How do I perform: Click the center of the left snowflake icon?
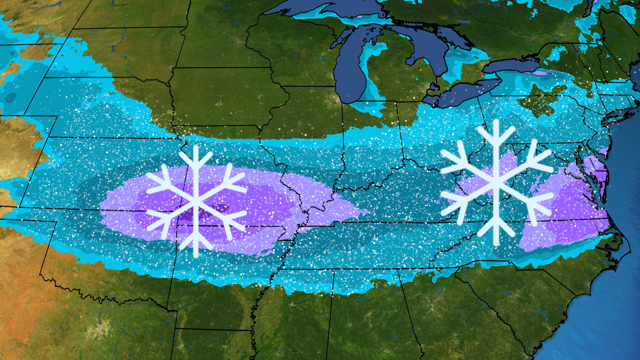coord(196,202)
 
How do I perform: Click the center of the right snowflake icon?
coord(496,183)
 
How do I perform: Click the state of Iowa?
coord(227,97)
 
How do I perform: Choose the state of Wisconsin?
coord(293,43)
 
